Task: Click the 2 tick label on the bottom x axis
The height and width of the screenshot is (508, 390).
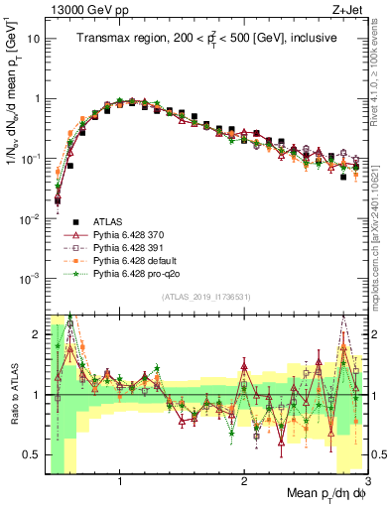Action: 244,481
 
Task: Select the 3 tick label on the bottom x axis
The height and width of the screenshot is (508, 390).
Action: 367,481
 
